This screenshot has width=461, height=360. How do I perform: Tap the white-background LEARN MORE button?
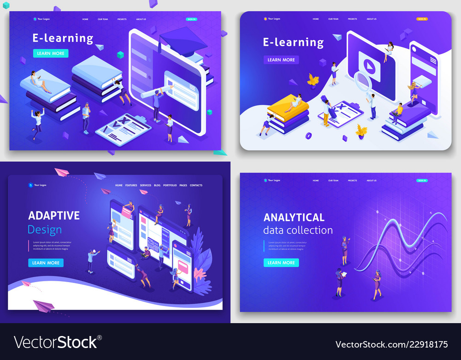[x=281, y=59]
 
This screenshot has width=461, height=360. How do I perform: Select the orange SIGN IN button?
[x=422, y=19]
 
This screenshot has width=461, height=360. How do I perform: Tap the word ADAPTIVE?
[x=54, y=215]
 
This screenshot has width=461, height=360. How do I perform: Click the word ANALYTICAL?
[x=294, y=217]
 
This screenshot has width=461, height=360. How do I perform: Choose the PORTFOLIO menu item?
[x=170, y=185]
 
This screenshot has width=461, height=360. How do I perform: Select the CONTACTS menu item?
[x=196, y=185]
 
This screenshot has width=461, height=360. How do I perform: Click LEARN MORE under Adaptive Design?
[x=46, y=263]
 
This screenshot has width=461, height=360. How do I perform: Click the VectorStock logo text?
[x=55, y=342]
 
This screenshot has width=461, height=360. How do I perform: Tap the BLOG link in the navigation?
[x=157, y=185]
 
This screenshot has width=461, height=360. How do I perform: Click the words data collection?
[x=298, y=230]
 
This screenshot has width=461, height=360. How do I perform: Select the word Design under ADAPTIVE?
[x=44, y=229]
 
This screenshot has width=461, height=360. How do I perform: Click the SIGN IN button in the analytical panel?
[x=421, y=180]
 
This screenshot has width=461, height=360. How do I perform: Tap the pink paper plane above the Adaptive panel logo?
[x=61, y=171]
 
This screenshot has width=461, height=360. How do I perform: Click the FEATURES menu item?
[x=131, y=185]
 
